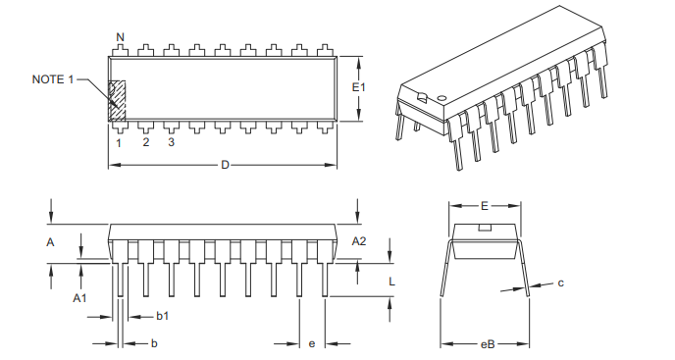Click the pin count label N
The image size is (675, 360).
(x=120, y=37)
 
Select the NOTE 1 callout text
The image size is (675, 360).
(x=53, y=79)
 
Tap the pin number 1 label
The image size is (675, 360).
(x=119, y=143)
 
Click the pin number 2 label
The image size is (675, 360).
(x=145, y=143)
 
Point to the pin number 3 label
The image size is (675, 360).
(x=171, y=143)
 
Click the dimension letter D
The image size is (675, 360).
(x=224, y=165)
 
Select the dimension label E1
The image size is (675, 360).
(x=359, y=88)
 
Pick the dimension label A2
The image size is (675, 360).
(x=359, y=241)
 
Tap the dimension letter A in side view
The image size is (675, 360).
(x=50, y=241)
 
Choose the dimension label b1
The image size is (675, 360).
(x=163, y=316)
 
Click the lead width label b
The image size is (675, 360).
(x=154, y=343)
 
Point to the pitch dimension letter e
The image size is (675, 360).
(x=312, y=343)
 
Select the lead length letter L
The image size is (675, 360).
(x=391, y=281)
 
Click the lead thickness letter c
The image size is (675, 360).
(x=560, y=283)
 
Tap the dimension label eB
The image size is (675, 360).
(x=487, y=344)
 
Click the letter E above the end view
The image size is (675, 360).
(x=485, y=207)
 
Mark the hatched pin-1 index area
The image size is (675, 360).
(x=118, y=100)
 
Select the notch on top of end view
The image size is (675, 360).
(x=485, y=228)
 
